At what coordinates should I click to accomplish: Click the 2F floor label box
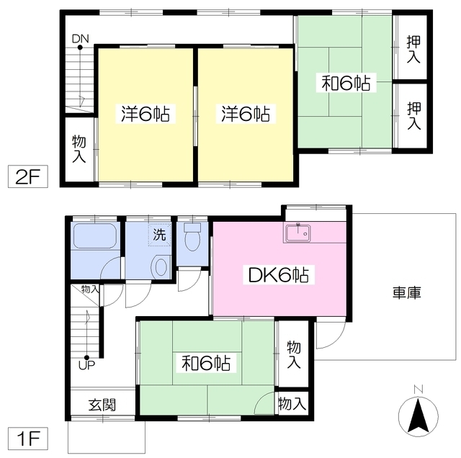click(27, 176)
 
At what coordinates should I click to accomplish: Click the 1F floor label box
click(27, 439)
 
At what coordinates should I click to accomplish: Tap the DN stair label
click(80, 38)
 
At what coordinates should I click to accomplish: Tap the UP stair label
click(86, 365)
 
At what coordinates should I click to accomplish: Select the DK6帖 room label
click(279, 275)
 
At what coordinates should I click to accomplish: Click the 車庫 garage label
click(407, 292)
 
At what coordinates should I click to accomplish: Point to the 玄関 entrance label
click(102, 405)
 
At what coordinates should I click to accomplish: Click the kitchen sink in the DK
click(297, 232)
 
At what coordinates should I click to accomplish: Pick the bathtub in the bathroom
click(94, 235)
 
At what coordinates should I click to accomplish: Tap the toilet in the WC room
click(192, 236)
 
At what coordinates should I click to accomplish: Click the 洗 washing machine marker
click(160, 235)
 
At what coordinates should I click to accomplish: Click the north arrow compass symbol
click(418, 416)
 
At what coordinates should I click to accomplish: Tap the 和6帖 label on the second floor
click(346, 83)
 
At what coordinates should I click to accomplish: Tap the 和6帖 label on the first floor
click(206, 363)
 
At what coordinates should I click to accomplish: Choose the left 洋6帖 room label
click(146, 114)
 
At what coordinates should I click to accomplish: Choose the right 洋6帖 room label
click(246, 114)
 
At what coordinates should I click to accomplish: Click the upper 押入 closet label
click(413, 49)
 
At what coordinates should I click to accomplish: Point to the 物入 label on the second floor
click(79, 149)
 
